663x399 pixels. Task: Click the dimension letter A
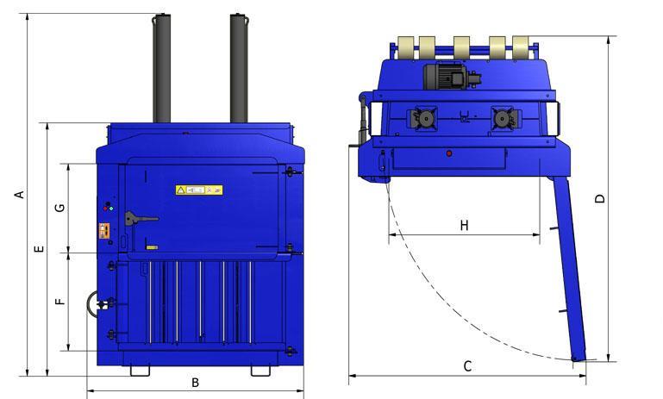tap(18, 195)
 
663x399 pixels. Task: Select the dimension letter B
tap(196, 383)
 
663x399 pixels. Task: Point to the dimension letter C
tap(467, 366)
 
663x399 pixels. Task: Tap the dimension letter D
tap(601, 198)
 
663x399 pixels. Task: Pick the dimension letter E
tap(38, 250)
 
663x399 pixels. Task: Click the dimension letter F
tap(59, 302)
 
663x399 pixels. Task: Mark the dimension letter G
tap(59, 209)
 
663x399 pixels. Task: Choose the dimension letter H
tap(464, 226)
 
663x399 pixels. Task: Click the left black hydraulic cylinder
tap(161, 69)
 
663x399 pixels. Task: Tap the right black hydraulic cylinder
tap(240, 69)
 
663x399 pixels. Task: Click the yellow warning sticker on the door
tap(199, 189)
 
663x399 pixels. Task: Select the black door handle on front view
tap(134, 219)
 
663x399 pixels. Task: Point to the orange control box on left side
tap(105, 230)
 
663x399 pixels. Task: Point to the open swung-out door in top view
tap(566, 267)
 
